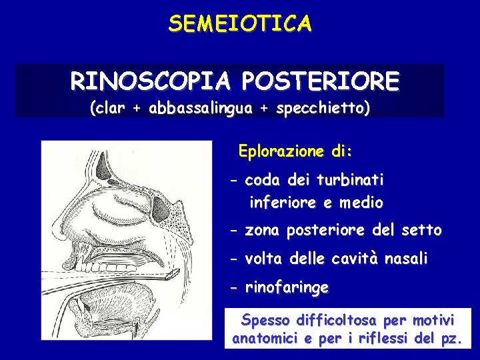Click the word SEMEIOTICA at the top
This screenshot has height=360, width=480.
coord(239,24)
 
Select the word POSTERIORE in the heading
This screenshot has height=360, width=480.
coord(321,82)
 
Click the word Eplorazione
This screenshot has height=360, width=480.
coord(279,151)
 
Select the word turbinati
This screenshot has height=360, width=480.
coord(351,180)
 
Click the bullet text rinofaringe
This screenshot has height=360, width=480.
coord(287,288)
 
